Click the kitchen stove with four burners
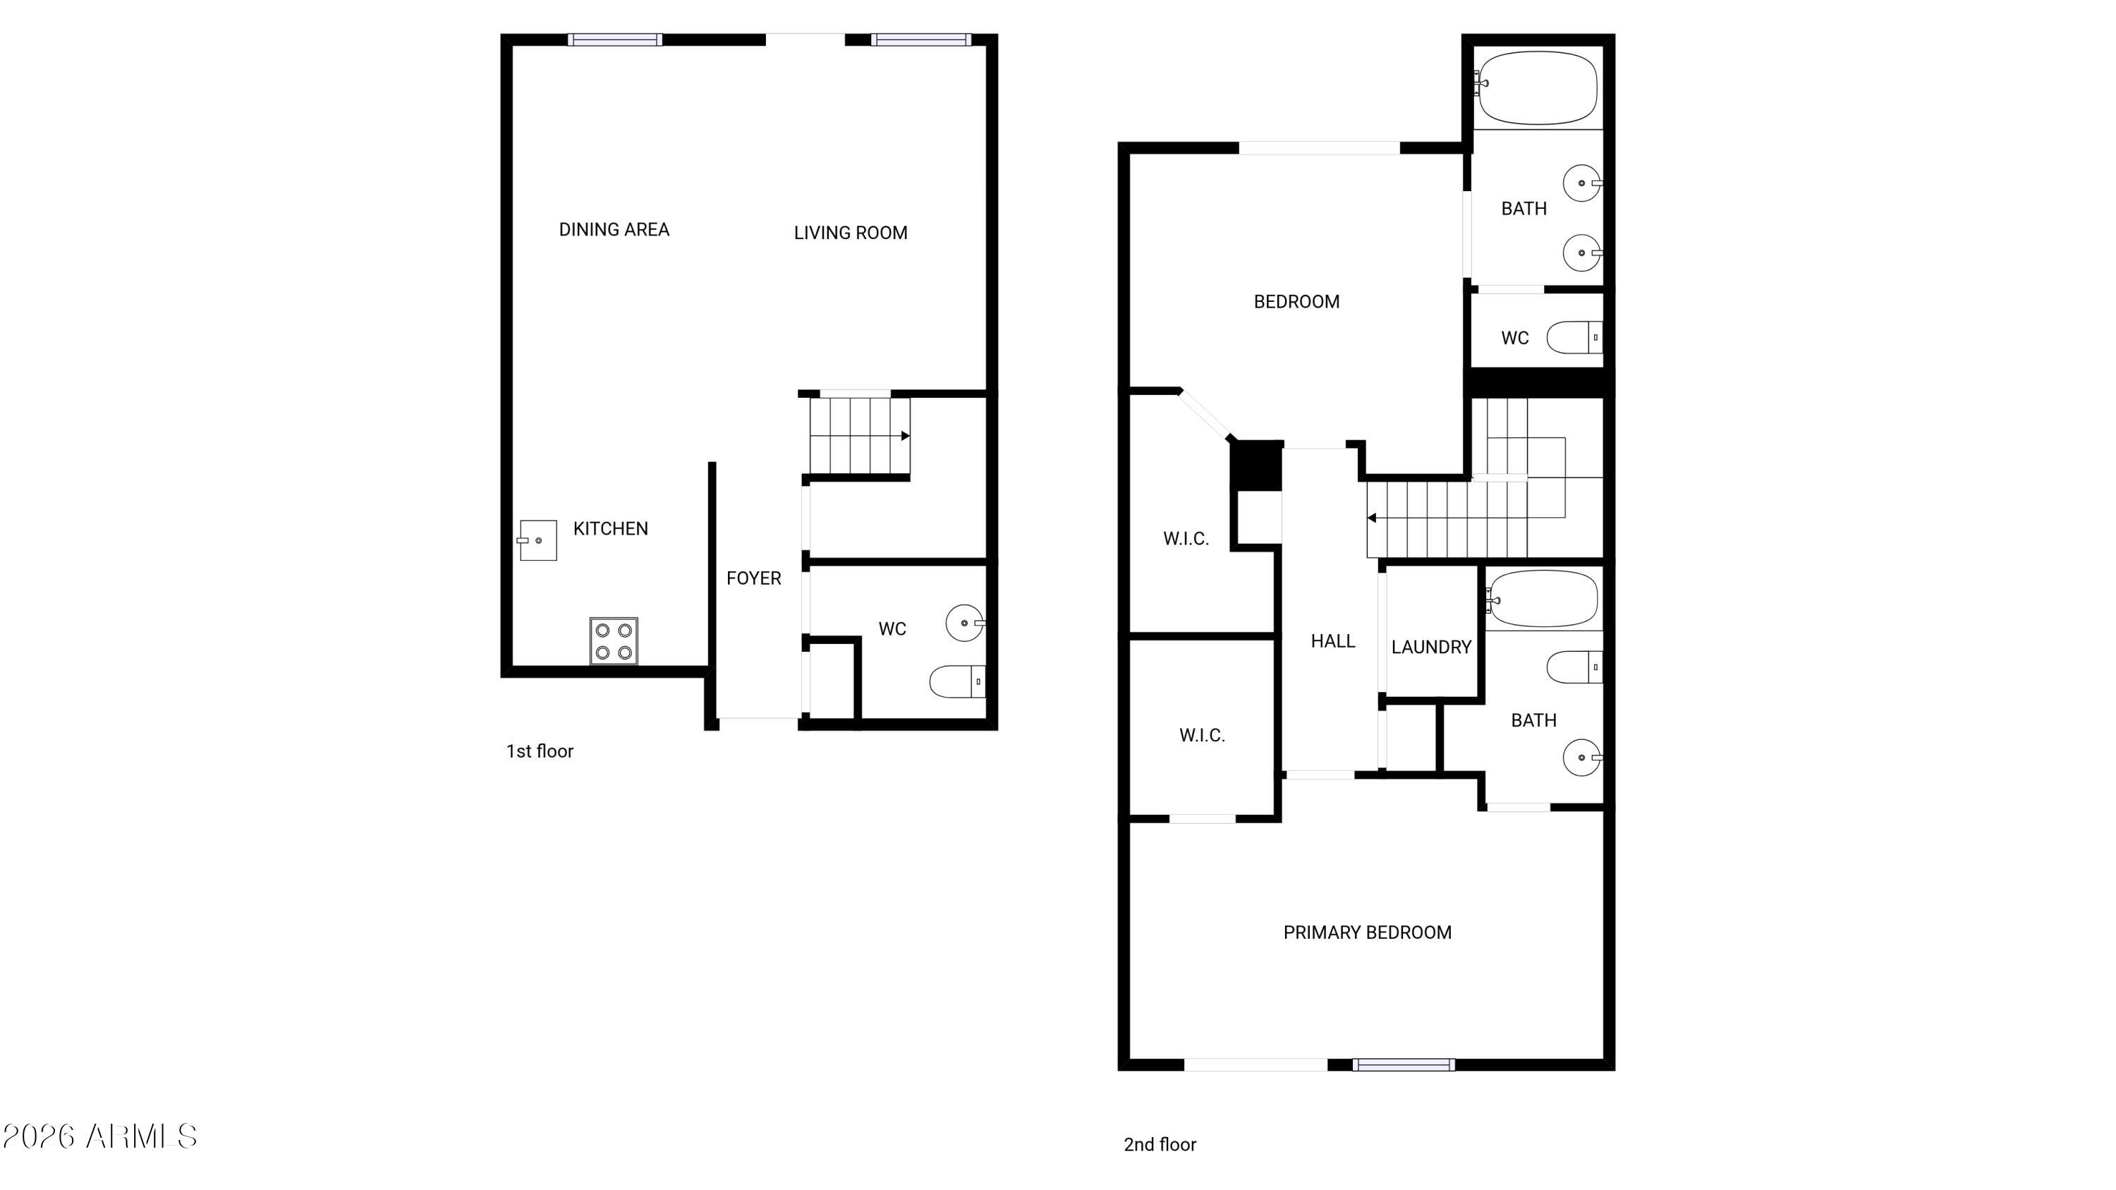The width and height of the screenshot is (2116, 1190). pyautogui.click(x=614, y=641)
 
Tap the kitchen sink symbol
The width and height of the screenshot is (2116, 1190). pyautogui.click(x=537, y=540)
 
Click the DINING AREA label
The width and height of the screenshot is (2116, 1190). pyautogui.click(x=614, y=230)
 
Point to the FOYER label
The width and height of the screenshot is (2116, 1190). pyautogui.click(x=753, y=579)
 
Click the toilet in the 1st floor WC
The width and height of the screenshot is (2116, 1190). pyautogui.click(x=958, y=681)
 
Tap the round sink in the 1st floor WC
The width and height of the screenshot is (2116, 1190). pyautogui.click(x=965, y=624)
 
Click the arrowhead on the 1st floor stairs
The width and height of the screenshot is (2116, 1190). pyautogui.click(x=905, y=436)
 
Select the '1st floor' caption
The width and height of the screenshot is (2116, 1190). pyautogui.click(x=540, y=751)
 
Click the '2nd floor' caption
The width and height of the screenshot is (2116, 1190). pyautogui.click(x=1160, y=1145)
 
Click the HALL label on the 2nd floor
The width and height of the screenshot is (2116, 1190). pyautogui.click(x=1332, y=641)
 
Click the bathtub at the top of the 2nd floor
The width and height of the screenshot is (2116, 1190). pyautogui.click(x=1538, y=89)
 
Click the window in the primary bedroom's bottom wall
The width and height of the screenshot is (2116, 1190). pyautogui.click(x=1404, y=1065)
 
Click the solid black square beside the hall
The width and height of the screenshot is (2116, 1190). pyautogui.click(x=1256, y=466)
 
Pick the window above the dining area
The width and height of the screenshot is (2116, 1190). pyautogui.click(x=614, y=40)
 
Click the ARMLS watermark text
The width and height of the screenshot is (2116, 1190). pyautogui.click(x=99, y=1137)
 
